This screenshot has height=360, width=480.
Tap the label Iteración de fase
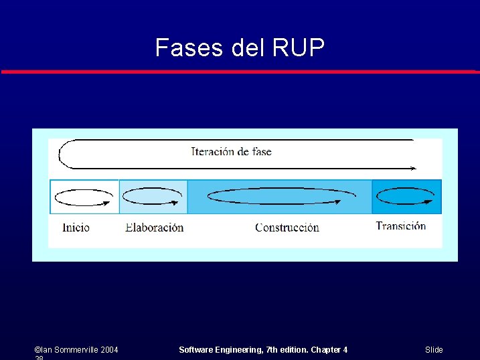(x=231, y=151)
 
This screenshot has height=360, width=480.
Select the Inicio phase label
(x=76, y=228)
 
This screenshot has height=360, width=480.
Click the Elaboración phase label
(x=154, y=228)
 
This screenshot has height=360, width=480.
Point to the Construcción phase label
(x=287, y=228)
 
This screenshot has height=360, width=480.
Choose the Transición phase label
(x=400, y=226)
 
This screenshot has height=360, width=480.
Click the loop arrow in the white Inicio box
(x=84, y=197)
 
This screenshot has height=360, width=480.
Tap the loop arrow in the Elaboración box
(x=153, y=197)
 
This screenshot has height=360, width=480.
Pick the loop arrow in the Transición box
(x=406, y=197)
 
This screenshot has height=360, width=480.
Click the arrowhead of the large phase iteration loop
(x=412, y=169)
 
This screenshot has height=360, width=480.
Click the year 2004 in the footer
(x=109, y=350)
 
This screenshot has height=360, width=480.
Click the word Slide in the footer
(x=434, y=350)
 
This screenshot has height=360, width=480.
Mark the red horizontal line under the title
(x=240, y=71)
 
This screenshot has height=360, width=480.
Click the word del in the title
(x=248, y=48)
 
